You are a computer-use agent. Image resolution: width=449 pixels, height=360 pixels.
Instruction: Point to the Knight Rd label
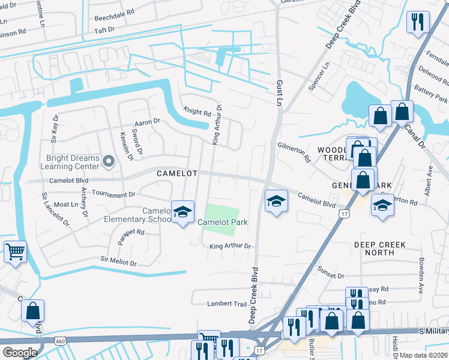(197, 112)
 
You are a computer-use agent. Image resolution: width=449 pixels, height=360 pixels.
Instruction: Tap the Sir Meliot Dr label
(118, 263)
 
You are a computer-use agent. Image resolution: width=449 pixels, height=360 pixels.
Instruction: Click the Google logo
(19, 353)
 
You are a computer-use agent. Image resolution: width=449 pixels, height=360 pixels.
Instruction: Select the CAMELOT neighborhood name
(177, 173)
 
